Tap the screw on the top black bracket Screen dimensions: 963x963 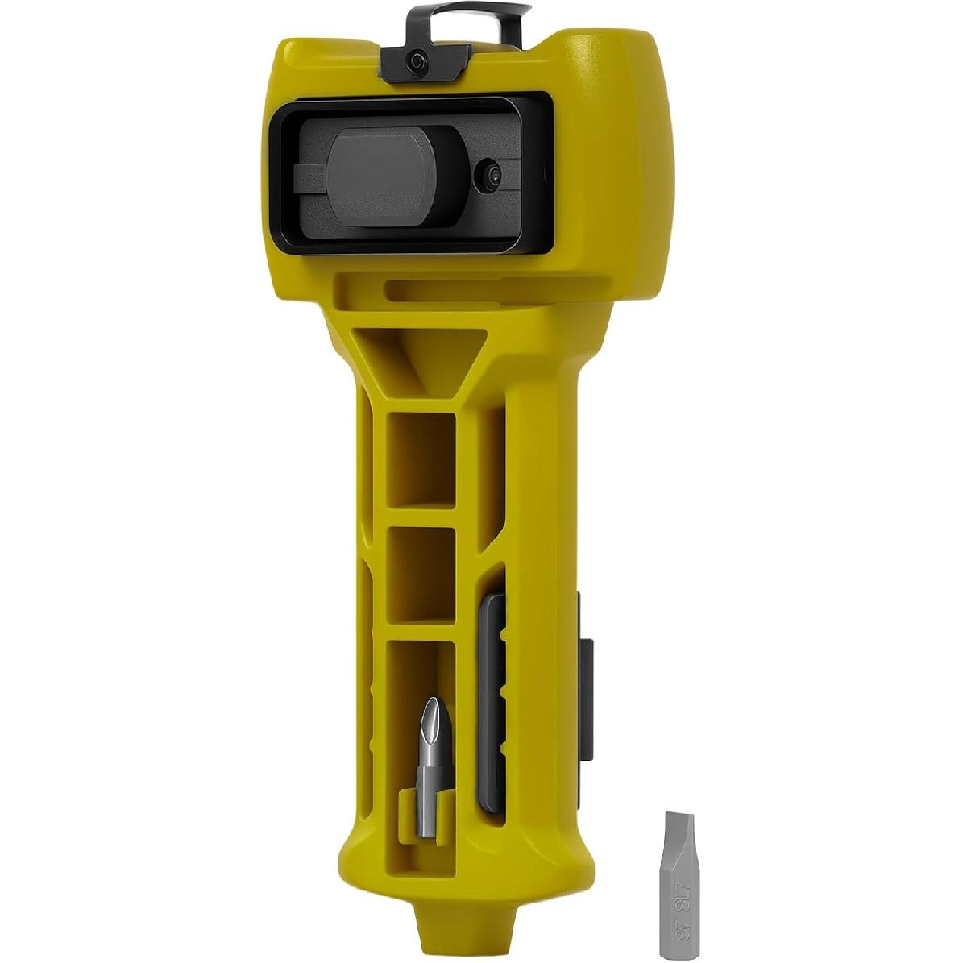pos(417,61)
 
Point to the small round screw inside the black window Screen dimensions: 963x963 pos(492,177)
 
